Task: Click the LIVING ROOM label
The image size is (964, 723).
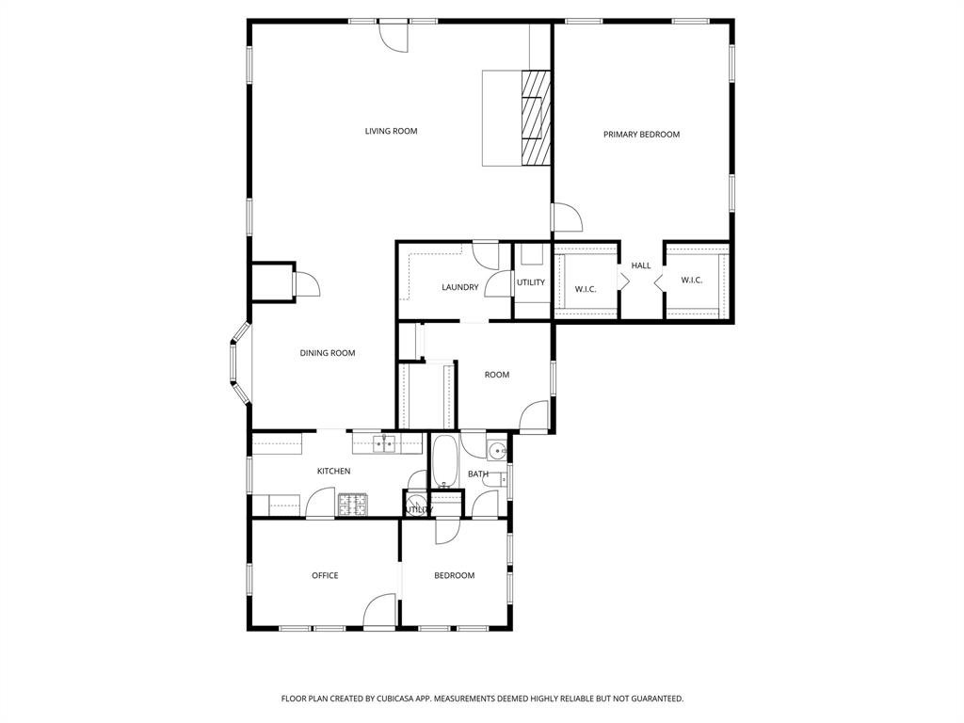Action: [391, 131]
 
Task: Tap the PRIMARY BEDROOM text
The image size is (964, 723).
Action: [641, 135]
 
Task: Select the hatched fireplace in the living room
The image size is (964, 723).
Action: [535, 118]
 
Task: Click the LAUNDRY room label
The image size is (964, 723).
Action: [460, 287]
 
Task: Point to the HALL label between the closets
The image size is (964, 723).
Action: [641, 265]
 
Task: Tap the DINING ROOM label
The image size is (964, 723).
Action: [328, 353]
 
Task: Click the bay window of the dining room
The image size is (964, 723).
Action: [238, 362]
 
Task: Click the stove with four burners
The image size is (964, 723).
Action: [352, 506]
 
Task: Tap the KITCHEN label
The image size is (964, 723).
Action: [333, 471]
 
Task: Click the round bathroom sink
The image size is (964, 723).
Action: [497, 450]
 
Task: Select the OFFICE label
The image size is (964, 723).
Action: [325, 575]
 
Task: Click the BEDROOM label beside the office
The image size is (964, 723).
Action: [454, 575]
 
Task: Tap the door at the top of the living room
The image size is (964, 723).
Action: [394, 36]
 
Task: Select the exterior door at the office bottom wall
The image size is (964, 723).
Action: [380, 611]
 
